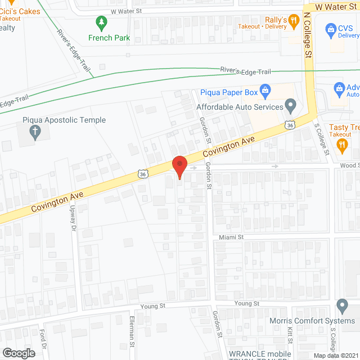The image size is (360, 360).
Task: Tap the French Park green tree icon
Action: pos(101,24)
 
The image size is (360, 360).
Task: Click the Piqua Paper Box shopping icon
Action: pos(266,91)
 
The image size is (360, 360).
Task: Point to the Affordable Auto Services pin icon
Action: pos(290,105)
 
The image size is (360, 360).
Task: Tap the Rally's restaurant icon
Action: pos(292,21)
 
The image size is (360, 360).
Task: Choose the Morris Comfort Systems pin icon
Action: pos(342,307)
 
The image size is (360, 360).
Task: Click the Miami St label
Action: pos(231,237)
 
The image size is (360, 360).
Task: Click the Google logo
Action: pos(19,353)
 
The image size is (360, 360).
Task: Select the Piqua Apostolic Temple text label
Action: pos(64,120)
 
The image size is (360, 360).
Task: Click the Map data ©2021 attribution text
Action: pos(335,355)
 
